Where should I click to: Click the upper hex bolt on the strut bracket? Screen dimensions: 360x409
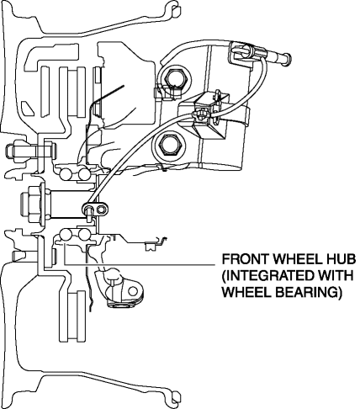pyautogui.click(x=175, y=80)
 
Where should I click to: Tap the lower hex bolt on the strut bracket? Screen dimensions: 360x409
pyautogui.click(x=171, y=145)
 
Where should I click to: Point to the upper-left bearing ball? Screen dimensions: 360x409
pyautogui.click(x=66, y=174)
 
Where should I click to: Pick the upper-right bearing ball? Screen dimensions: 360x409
pyautogui.click(x=83, y=174)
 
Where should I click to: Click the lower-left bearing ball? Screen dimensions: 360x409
pyautogui.click(x=66, y=235)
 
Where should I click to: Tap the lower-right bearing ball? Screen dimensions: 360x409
pyautogui.click(x=83, y=235)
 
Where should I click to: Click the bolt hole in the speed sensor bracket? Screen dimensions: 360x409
pyautogui.click(x=101, y=210)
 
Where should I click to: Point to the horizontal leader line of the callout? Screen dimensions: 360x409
pyautogui.click(x=141, y=264)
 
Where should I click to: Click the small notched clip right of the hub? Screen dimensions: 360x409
pyautogui.click(x=151, y=247)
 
